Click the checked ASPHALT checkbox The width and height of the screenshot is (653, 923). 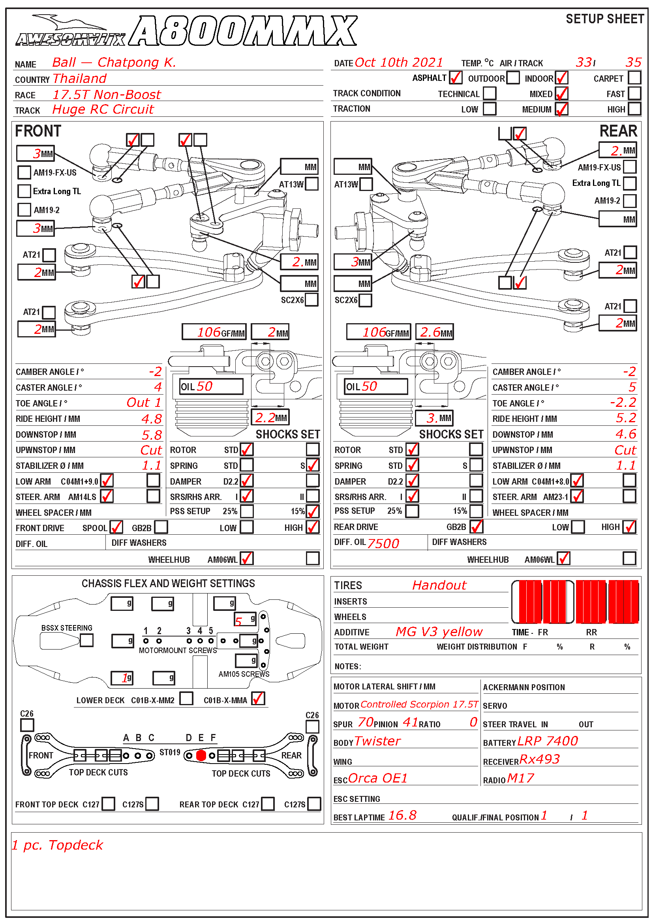[456, 78]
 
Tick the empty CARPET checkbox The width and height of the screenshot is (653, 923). [634, 78]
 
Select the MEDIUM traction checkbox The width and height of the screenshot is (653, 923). [561, 109]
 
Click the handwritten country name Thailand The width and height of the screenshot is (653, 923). [80, 79]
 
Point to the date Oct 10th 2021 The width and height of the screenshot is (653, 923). [399, 63]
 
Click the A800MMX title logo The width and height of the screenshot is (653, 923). [244, 31]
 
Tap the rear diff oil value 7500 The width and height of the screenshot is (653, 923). [383, 543]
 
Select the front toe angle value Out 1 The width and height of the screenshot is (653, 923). [144, 403]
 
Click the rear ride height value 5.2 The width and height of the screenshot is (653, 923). [626, 418]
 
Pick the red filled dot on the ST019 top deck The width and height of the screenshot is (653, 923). [201, 756]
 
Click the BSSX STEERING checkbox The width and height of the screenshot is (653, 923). [86, 640]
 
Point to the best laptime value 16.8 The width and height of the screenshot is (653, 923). [402, 815]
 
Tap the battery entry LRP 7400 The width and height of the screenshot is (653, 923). [548, 741]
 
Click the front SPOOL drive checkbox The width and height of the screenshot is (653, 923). [116, 527]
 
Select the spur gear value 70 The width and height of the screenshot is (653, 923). [366, 723]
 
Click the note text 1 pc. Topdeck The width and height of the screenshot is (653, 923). [57, 845]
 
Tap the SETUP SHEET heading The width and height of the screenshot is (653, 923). [605, 19]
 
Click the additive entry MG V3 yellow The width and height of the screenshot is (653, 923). [439, 632]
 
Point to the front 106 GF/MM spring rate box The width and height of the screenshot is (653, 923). [214, 332]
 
